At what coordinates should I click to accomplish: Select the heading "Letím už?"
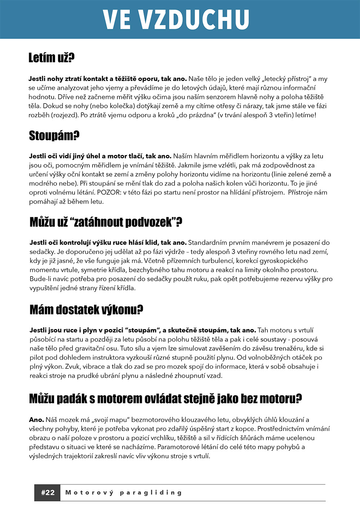pos(51,58)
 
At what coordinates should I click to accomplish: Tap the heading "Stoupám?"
pos(54,136)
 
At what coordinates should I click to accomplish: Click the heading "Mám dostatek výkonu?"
pos(86,309)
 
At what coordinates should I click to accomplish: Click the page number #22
pos(48,492)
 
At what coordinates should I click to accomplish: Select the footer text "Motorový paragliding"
pos(123,492)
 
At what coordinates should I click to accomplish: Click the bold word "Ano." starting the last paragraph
pos(36,420)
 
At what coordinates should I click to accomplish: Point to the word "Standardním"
pos(208,243)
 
